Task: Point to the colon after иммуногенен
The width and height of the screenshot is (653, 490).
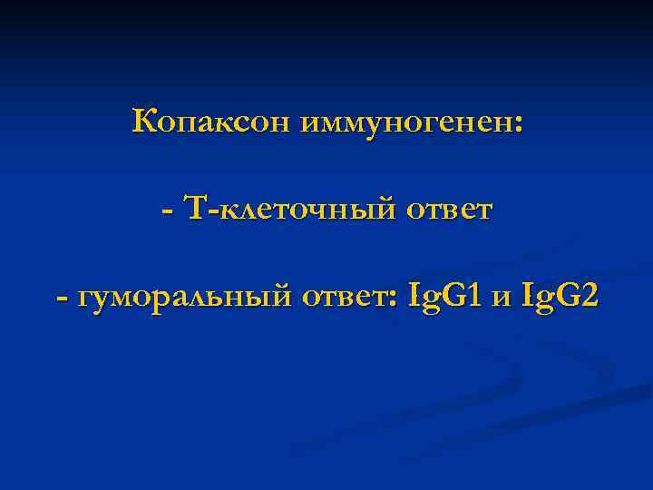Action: [518, 124]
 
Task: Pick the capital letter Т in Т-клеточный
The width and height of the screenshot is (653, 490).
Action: [195, 209]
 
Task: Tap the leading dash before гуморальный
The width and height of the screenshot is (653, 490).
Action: [61, 296]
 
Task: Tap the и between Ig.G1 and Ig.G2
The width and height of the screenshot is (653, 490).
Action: [501, 297]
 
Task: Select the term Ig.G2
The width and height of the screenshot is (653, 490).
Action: [560, 295]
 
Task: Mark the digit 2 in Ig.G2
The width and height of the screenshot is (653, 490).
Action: [589, 294]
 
